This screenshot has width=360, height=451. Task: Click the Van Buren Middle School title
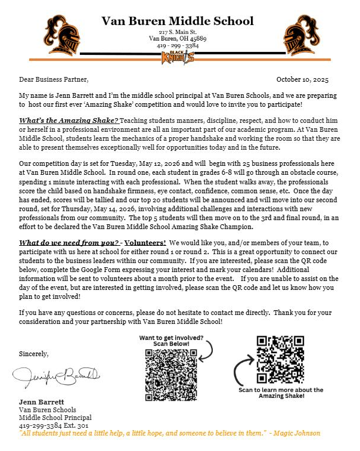178,21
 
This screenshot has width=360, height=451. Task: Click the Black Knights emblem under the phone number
178,57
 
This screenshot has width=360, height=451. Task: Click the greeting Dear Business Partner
54,79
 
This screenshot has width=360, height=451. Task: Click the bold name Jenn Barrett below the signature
42,401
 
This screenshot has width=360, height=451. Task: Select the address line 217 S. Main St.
177,31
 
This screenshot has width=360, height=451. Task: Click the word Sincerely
34,354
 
